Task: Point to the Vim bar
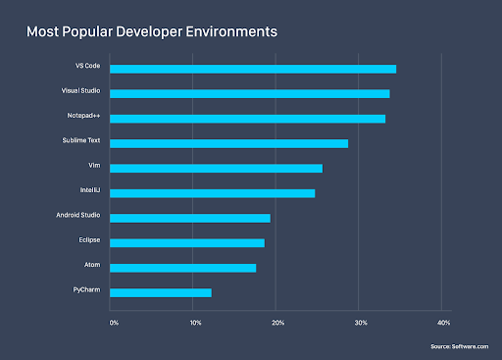[216, 168]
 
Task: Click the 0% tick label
[114, 323]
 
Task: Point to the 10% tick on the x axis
[196, 323]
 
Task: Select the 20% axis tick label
[278, 323]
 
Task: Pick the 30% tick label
[361, 323]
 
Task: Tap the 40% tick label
[443, 323]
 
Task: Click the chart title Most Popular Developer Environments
[151, 32]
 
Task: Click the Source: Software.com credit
[459, 346]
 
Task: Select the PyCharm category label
[85, 290]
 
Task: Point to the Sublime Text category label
[80, 141]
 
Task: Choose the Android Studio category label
[77, 216]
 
